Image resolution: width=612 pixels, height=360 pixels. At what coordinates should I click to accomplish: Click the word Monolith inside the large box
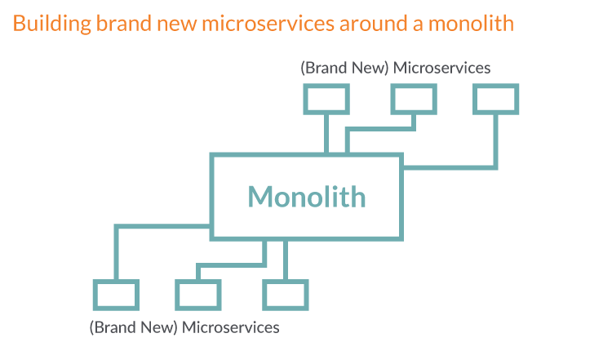click(x=307, y=197)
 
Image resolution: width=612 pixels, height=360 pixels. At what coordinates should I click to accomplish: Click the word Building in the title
click(x=52, y=24)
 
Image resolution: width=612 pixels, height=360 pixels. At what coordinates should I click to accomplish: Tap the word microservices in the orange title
click(x=268, y=23)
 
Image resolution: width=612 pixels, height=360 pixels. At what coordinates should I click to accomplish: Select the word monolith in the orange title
click(x=471, y=23)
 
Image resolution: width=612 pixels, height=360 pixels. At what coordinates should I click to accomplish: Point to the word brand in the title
click(x=124, y=23)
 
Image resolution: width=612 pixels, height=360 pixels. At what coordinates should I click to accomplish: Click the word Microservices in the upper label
click(x=441, y=68)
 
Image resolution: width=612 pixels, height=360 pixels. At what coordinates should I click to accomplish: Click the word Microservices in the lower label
click(x=230, y=327)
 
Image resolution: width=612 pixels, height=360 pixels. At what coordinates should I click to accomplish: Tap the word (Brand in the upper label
click(x=324, y=69)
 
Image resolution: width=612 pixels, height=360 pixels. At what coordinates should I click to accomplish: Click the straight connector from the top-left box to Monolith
click(x=326, y=134)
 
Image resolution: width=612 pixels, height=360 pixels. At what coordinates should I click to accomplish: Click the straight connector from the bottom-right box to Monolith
click(x=286, y=260)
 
